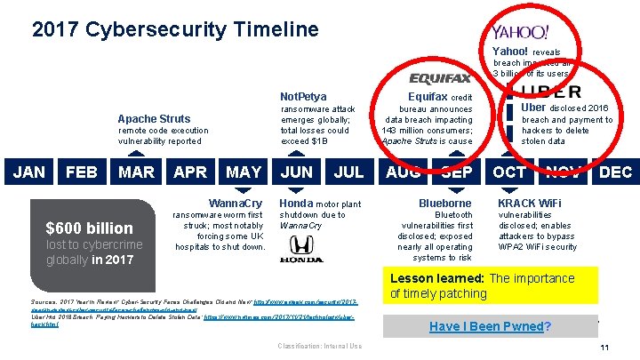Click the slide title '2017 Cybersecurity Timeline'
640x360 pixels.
[174, 29]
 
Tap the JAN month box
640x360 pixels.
[29, 172]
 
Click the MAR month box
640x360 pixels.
[137, 172]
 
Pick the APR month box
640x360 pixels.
[190, 172]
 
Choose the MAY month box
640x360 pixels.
[244, 172]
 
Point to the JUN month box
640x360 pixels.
[297, 172]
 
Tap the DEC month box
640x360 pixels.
[615, 172]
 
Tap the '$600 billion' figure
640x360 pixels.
[90, 228]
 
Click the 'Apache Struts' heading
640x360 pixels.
[154, 118]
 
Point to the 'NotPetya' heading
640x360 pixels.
[303, 96]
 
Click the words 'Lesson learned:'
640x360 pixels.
[437, 278]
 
